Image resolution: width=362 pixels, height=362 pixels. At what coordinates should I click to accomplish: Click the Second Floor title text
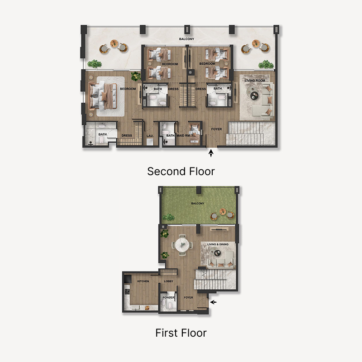(181, 171)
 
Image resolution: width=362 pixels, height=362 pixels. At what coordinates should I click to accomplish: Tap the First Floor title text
(181, 333)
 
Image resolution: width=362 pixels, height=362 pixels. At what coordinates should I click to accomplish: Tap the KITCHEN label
(143, 281)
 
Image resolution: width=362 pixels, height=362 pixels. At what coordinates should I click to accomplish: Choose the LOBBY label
(169, 281)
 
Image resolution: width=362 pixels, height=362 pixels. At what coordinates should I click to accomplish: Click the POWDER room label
(168, 297)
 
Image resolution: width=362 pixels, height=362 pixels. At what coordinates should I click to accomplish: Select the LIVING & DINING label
(218, 244)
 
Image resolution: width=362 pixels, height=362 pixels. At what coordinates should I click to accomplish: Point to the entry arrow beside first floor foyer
(214, 302)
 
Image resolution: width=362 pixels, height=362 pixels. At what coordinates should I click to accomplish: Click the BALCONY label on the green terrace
(197, 204)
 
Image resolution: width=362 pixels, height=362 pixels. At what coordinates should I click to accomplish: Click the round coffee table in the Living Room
(253, 95)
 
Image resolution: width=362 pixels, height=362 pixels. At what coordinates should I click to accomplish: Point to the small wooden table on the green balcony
(223, 211)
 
